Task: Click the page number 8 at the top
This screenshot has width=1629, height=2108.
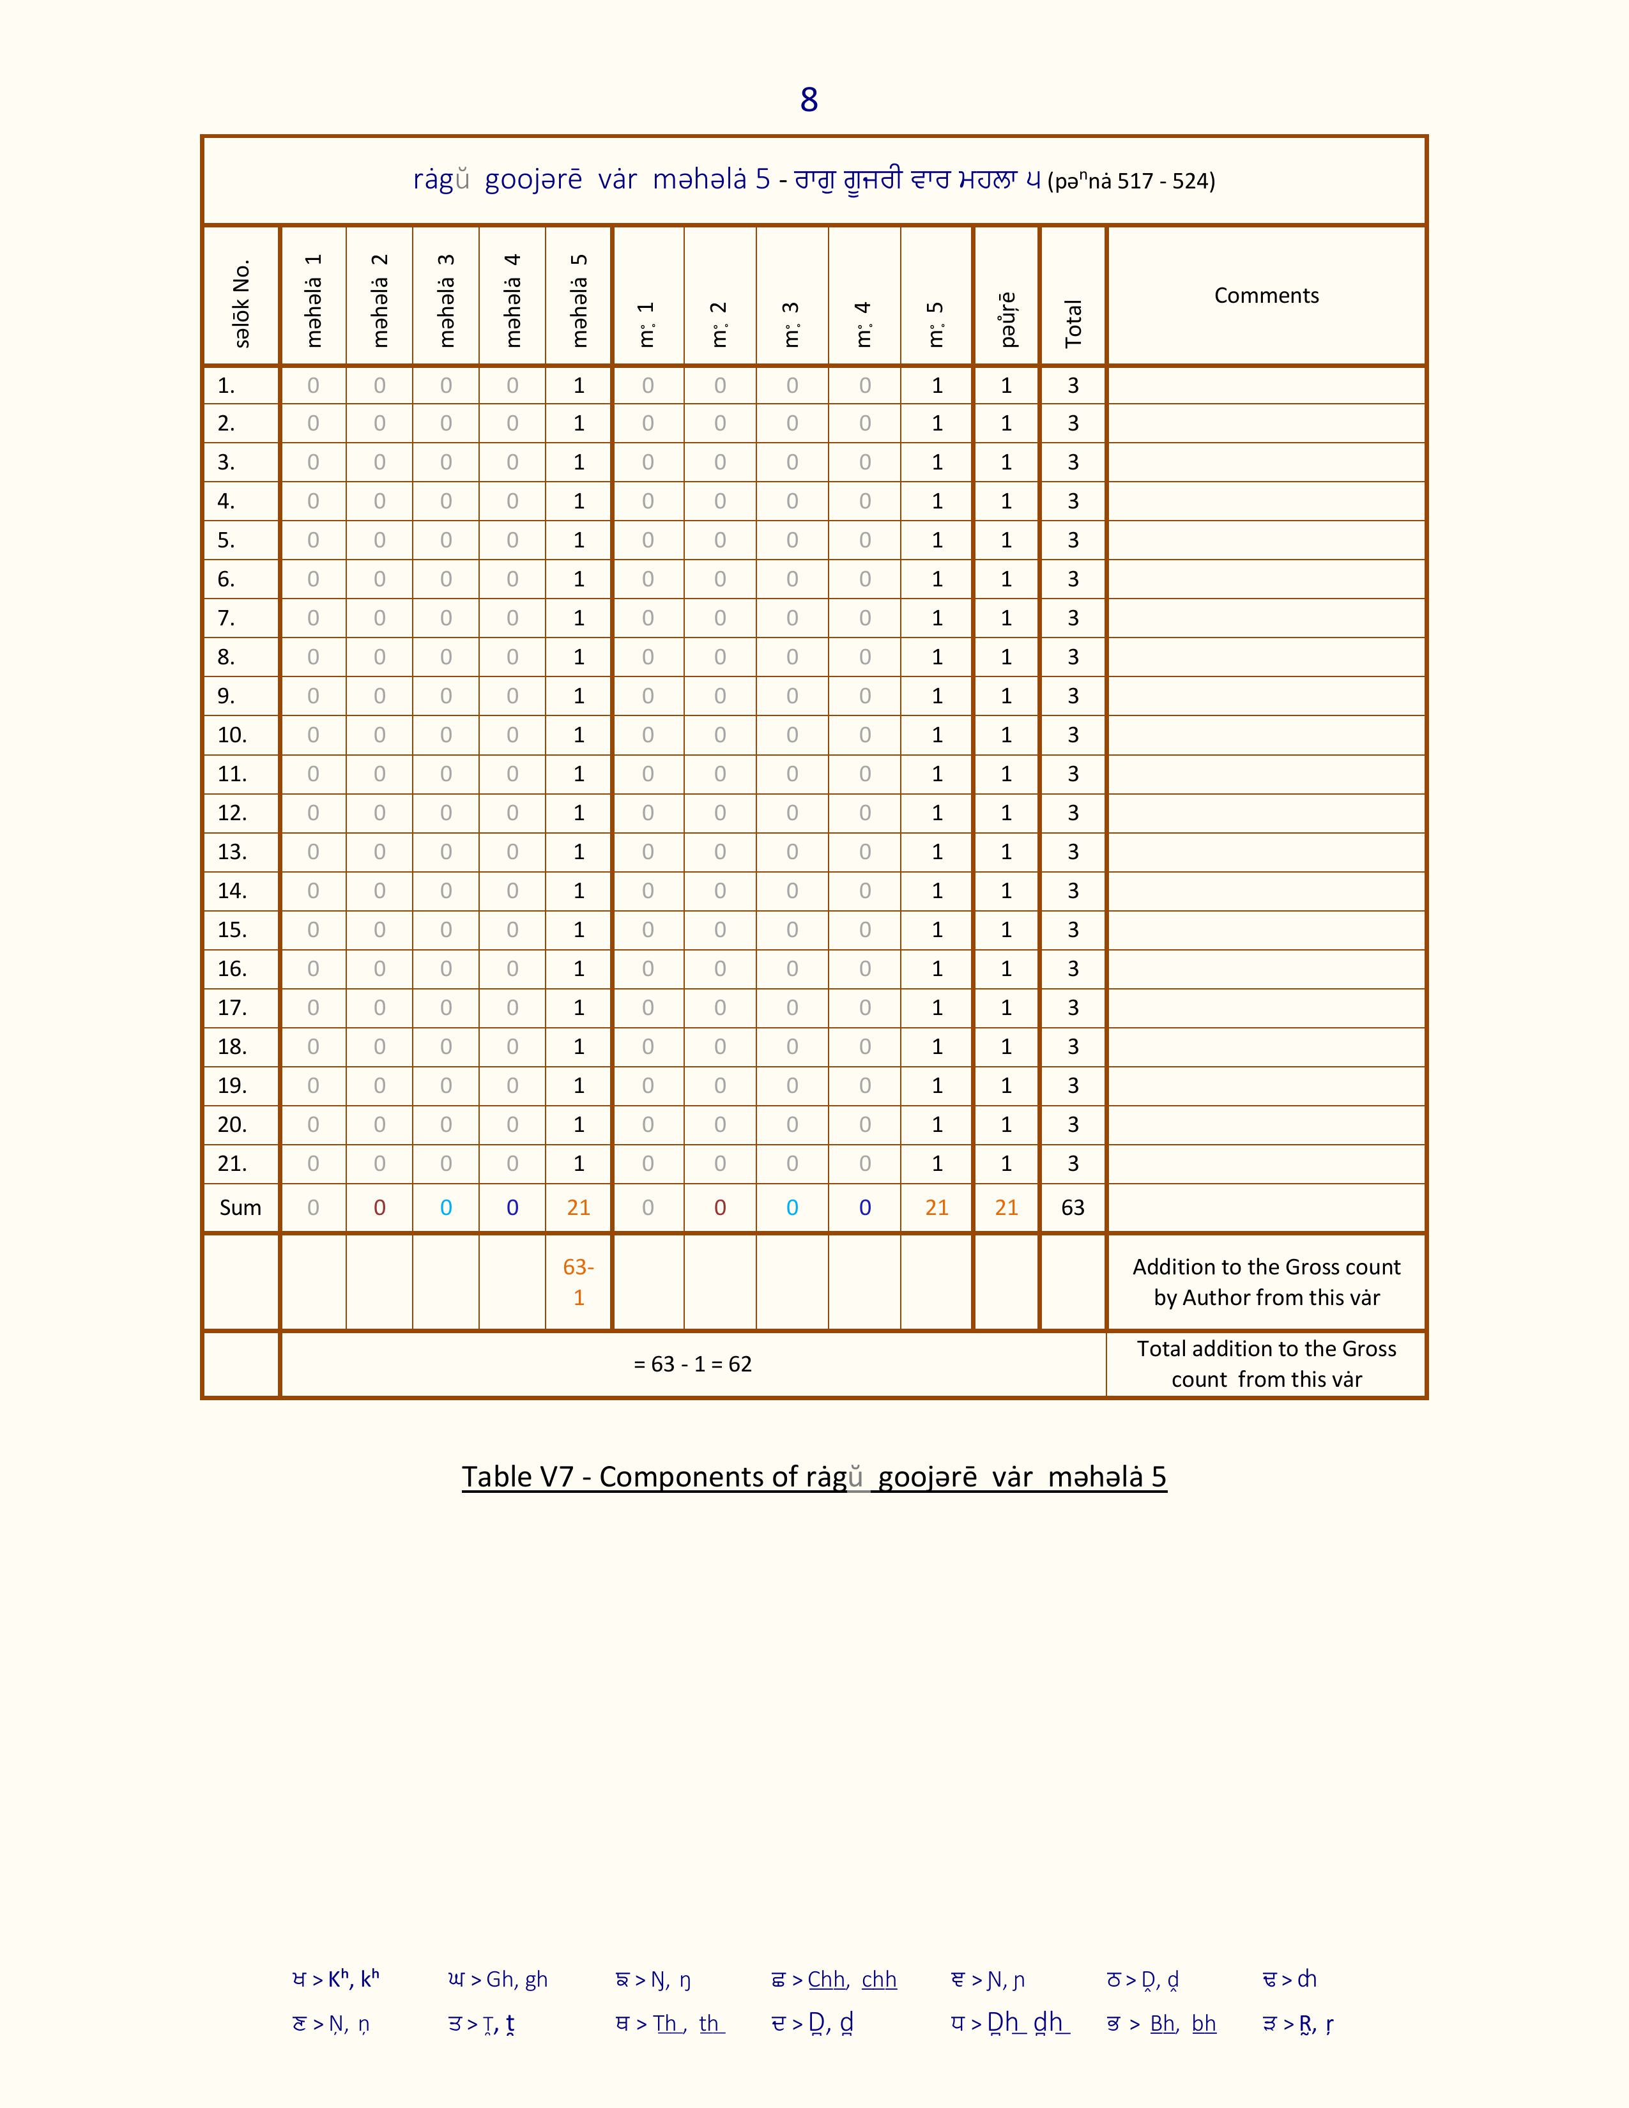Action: (x=809, y=100)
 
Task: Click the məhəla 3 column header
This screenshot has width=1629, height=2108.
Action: (x=446, y=299)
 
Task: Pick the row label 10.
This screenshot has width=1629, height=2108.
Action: (x=232, y=735)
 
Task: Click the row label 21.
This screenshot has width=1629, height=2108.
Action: (x=232, y=1163)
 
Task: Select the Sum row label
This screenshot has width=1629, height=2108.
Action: (x=240, y=1207)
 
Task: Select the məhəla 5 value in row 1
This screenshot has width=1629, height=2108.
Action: (x=578, y=385)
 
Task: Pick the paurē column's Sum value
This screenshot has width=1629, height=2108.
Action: (x=1006, y=1207)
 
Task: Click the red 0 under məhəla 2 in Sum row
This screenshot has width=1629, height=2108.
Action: (x=379, y=1207)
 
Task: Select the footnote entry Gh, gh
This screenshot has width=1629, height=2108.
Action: (x=516, y=1979)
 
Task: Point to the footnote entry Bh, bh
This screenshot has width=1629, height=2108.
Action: (x=1182, y=2023)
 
